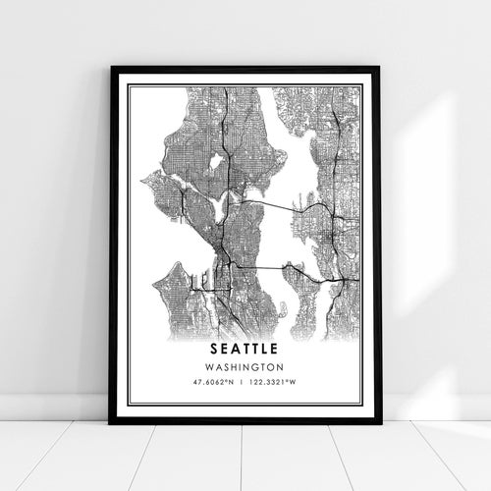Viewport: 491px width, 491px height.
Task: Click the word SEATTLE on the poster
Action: click(245, 348)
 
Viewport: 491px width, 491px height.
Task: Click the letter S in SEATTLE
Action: click(212, 348)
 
